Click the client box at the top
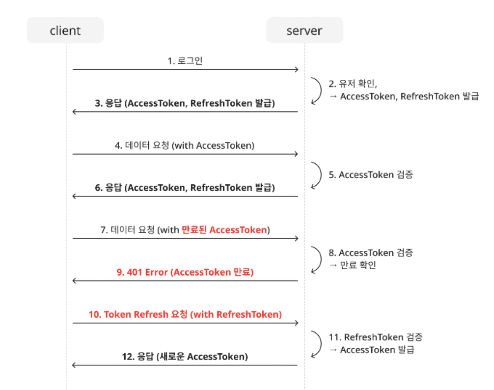65,30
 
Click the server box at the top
304,30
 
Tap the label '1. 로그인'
185,61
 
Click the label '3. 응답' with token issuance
185,103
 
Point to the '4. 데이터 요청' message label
185,146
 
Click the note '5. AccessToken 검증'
371,175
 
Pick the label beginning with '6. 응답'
185,188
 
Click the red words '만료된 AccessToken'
224,230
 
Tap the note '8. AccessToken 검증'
371,253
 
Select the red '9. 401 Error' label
185,272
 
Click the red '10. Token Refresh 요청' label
185,314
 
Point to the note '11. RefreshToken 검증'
376,337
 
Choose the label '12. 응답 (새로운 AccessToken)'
185,357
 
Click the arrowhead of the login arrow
296,69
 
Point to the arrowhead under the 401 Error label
75,281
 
